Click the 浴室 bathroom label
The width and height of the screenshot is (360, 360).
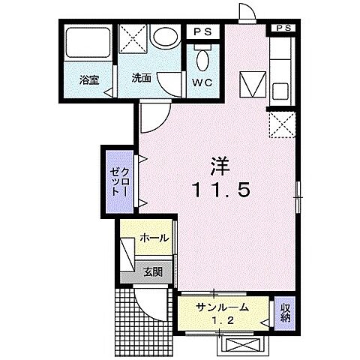tap(88, 77)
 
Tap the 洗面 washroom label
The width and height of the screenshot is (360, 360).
tap(142, 77)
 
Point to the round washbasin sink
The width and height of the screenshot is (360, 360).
tap(163, 37)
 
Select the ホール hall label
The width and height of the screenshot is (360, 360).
tap(154, 238)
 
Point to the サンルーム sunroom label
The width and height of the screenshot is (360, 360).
tap(222, 307)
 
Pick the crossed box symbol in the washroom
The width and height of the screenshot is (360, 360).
tap(135, 39)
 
